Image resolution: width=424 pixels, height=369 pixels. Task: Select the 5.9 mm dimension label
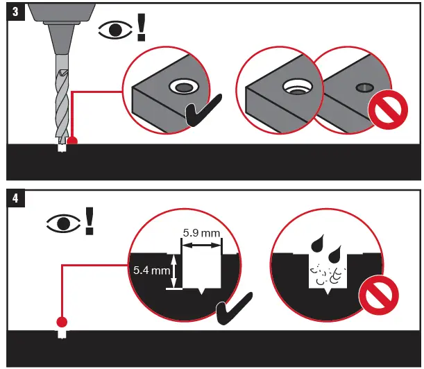(201, 232)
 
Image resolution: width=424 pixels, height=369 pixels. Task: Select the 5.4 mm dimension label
(151, 270)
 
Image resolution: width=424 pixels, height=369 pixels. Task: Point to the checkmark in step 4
(235, 312)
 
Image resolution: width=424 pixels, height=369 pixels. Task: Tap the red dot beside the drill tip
(71, 141)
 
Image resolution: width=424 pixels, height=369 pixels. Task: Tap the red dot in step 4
(62, 322)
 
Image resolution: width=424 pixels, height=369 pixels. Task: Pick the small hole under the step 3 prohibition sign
(364, 87)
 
